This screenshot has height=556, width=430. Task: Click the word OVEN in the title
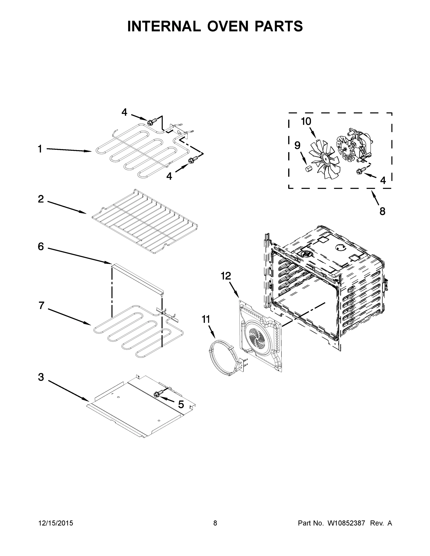click(227, 26)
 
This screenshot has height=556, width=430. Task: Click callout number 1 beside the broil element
click(40, 149)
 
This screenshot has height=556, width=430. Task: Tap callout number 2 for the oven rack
click(41, 199)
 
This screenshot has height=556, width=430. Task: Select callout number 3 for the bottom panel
click(41, 377)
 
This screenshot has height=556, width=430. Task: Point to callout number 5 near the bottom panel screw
click(181, 404)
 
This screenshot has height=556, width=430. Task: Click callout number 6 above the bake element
click(41, 246)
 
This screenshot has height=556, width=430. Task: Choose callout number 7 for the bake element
click(41, 305)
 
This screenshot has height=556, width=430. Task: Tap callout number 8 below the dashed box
click(382, 211)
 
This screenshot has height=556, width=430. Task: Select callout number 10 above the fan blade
click(306, 121)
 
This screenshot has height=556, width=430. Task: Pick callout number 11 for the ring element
click(206, 319)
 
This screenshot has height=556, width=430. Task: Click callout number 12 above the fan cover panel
click(226, 276)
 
